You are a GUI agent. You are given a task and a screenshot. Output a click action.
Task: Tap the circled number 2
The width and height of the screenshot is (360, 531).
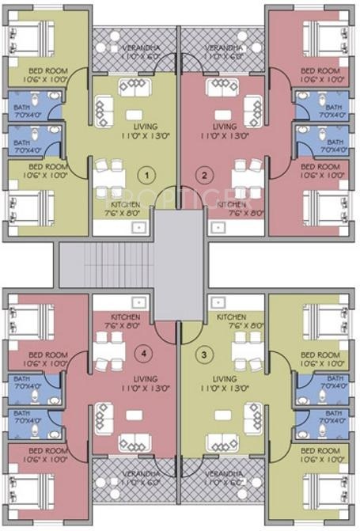point(205,175)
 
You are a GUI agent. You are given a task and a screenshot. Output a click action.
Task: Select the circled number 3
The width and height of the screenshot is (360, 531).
point(205,354)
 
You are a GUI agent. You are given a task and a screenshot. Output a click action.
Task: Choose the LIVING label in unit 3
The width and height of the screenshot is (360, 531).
point(225,379)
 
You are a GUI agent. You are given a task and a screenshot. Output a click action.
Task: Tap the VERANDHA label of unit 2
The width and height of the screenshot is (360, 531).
point(225,49)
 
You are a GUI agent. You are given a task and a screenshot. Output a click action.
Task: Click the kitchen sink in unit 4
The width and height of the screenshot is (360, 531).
point(138,302)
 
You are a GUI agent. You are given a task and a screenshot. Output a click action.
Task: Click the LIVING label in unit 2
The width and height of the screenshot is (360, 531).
point(225,126)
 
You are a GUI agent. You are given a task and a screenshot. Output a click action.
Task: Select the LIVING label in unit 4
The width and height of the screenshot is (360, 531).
point(124,379)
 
